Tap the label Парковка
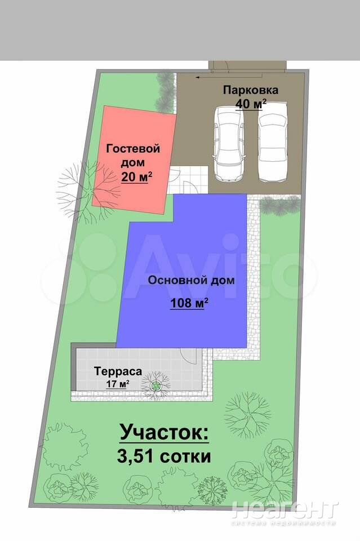pos(251,90)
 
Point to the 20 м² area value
pos(136,177)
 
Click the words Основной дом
pos(191,280)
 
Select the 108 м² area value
pos(189,303)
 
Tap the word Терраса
pos(118,371)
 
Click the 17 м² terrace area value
pos(118,384)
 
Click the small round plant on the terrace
pos(156,385)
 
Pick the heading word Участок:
pos(164,432)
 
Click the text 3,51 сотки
pos(164,456)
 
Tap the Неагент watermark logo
pos(285,511)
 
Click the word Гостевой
pos(133,149)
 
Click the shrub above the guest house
pos(166,92)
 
